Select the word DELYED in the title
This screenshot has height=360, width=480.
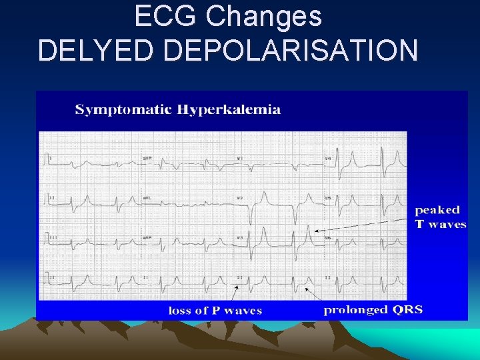click(97, 51)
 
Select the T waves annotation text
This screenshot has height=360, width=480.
click(441, 224)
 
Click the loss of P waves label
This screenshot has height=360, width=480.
click(215, 310)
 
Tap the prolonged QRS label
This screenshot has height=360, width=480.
click(373, 310)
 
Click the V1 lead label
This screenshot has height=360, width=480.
click(239, 158)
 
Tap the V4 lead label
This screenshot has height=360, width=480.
click(327, 158)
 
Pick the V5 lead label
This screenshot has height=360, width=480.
click(327, 198)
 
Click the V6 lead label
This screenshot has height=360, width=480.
click(327, 237)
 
